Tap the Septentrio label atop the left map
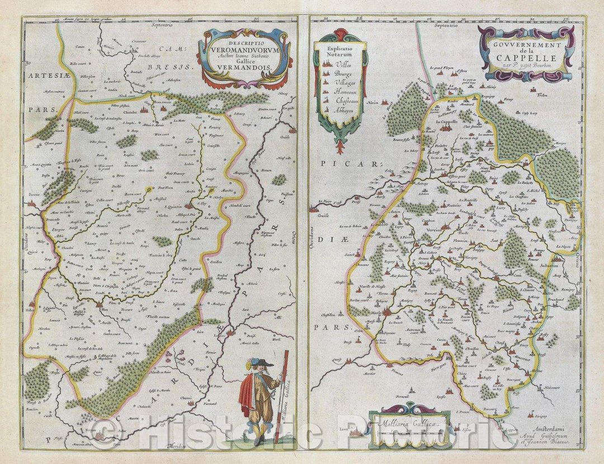[168, 25]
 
